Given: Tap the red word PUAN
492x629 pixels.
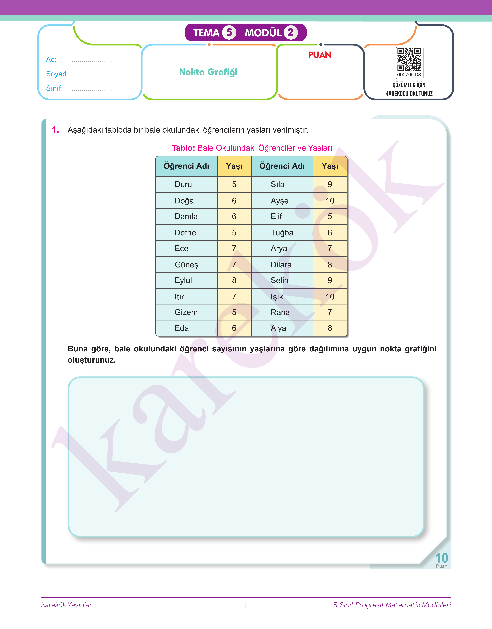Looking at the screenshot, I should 319,55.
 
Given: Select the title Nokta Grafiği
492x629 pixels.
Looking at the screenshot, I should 208,72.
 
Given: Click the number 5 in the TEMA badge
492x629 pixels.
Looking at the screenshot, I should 229,32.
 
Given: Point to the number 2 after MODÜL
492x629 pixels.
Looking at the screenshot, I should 290,32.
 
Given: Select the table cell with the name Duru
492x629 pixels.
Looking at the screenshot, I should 183,184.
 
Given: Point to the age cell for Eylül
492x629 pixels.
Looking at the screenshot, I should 234,280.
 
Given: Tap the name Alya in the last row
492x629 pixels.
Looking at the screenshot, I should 278,328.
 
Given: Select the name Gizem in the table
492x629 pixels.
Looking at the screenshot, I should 186,312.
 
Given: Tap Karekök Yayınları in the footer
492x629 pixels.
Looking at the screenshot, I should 67,605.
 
